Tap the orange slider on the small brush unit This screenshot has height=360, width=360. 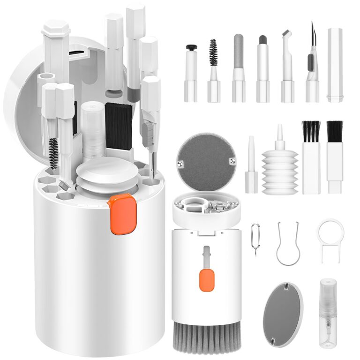(206, 279)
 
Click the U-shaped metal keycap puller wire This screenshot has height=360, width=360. (287, 244)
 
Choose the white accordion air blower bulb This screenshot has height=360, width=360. (280, 169)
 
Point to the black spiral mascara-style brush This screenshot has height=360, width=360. (214, 52)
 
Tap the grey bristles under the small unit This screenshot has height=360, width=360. (207, 337)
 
